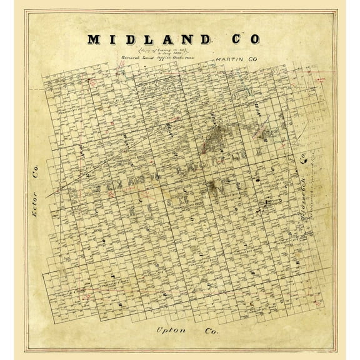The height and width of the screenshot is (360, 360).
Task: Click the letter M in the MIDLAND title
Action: tap(95, 39)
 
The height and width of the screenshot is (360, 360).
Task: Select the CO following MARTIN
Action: tap(245, 59)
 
